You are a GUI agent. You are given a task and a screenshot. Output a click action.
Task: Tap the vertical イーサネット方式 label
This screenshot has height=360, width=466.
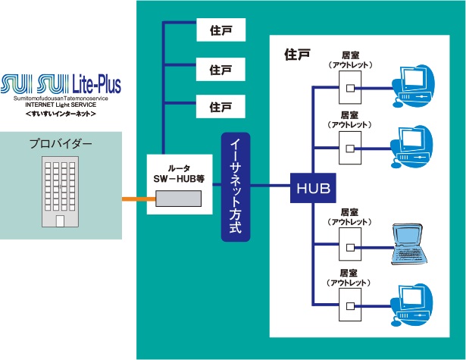click(235, 187)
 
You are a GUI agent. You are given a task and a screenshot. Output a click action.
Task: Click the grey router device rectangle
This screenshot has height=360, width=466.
click(179, 199)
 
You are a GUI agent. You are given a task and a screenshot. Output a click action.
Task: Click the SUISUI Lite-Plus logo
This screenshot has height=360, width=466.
click(61, 83)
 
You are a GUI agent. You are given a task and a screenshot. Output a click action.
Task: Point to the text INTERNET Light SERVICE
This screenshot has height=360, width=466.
click(61, 105)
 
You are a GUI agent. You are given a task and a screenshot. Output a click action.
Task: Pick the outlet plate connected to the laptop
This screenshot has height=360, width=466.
click(349, 246)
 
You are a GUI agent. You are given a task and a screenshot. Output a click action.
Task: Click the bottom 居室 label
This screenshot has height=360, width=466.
click(349, 272)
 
